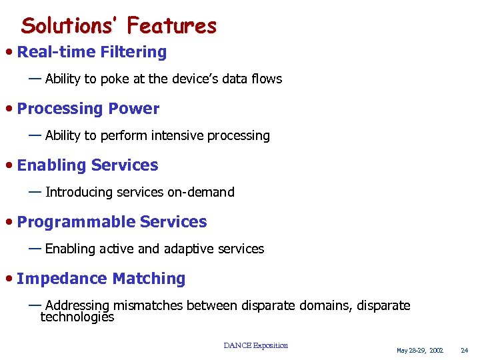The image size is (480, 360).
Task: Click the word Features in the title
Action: click(172, 25)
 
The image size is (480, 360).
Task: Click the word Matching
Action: click(149, 279)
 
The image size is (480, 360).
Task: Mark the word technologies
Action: click(77, 317)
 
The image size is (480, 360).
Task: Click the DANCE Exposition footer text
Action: click(256, 345)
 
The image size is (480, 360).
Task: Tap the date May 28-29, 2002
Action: click(419, 351)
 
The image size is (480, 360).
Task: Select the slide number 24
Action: click(465, 351)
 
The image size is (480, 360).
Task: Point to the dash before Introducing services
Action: click(35, 192)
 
